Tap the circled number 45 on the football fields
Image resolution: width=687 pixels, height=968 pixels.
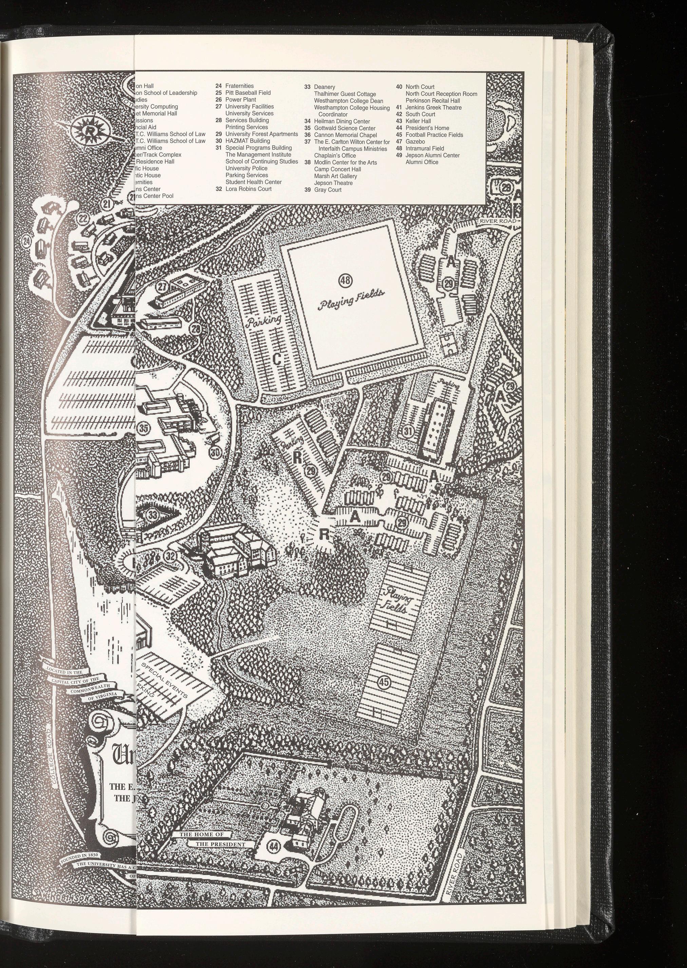pyautogui.click(x=384, y=682)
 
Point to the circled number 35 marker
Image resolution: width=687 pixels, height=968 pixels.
pyautogui.click(x=144, y=428)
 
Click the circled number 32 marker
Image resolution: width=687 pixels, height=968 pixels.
pyautogui.click(x=171, y=555)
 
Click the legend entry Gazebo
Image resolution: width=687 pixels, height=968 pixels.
pyautogui.click(x=415, y=141)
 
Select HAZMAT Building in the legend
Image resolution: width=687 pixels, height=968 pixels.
pyautogui.click(x=247, y=141)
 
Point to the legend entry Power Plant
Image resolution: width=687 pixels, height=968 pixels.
pyautogui.click(x=240, y=100)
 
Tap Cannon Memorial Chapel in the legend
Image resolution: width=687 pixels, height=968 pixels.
pyautogui.click(x=345, y=135)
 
